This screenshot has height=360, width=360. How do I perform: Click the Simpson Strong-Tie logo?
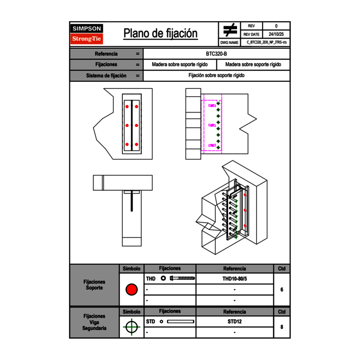[87, 34]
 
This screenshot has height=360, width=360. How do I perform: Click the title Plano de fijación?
[160, 34]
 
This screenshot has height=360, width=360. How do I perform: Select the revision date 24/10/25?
[276, 34]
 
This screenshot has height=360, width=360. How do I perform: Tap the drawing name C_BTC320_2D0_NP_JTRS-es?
[266, 42]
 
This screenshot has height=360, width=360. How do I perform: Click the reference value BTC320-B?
[216, 54]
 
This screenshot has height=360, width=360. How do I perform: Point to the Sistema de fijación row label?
[106, 76]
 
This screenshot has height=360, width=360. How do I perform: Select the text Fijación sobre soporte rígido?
[216, 76]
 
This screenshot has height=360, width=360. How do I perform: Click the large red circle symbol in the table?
[131, 290]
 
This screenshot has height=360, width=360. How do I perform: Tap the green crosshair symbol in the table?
[131, 327]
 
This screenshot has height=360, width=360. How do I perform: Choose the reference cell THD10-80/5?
[234, 279]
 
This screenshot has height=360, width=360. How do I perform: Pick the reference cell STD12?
[234, 322]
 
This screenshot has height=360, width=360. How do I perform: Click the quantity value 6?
[281, 290]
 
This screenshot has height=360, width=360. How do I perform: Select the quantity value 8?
[281, 327]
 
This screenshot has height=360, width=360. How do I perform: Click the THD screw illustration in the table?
[182, 279]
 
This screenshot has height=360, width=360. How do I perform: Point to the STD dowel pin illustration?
[180, 322]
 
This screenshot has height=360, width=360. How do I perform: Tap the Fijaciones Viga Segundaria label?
[94, 322]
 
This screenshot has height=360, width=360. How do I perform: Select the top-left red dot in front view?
[127, 107]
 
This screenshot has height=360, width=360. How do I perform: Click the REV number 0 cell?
[276, 26]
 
